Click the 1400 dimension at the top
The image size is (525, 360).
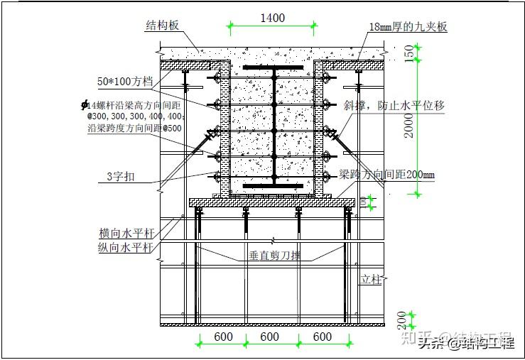pyautogui.click(x=272, y=18)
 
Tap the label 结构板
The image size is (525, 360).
pyautogui.click(x=162, y=26)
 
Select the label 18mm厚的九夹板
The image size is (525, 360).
pyautogui.click(x=408, y=28)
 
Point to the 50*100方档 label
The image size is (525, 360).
pyautogui.click(x=129, y=82)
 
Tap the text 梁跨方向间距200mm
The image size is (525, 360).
pyautogui.click(x=386, y=174)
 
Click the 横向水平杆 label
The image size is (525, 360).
pyautogui.click(x=126, y=234)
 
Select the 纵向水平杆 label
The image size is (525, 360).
pyautogui.click(x=126, y=247)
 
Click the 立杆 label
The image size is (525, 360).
pyautogui.click(x=370, y=280)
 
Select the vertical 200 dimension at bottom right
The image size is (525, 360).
pyautogui.click(x=402, y=317)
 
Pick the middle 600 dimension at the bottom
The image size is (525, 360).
pyautogui.click(x=269, y=337)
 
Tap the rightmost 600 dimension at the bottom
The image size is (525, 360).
pyautogui.click(x=322, y=337)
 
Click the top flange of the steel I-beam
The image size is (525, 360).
pyautogui.click(x=273, y=69)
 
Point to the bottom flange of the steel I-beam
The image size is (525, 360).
pyautogui.click(x=273, y=185)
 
